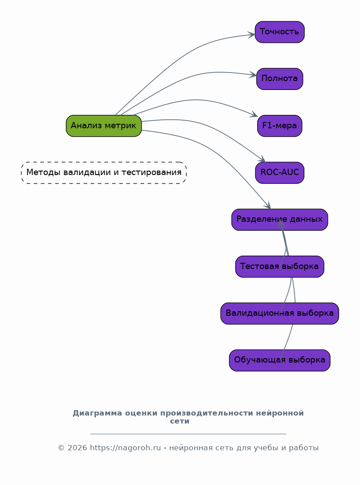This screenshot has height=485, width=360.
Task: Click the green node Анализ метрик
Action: tap(104, 126)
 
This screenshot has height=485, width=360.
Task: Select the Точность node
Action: tap(279, 32)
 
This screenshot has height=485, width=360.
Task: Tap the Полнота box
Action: tap(279, 79)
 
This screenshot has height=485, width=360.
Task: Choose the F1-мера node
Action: tap(279, 126)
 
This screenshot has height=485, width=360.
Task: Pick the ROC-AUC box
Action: tap(279, 172)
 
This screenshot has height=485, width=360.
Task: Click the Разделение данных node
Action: tap(279, 220)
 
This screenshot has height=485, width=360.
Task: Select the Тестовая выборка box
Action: tap(279, 266)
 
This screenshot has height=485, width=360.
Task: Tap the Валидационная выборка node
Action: tap(279, 313)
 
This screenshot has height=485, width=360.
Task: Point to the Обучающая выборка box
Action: tap(279, 360)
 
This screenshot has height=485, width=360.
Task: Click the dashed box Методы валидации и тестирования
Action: tap(104, 172)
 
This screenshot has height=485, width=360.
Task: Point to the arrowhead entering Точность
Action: tap(252, 35)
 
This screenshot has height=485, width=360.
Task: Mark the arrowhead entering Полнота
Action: tap(254, 75)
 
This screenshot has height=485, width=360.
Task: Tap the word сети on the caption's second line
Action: tap(180, 421)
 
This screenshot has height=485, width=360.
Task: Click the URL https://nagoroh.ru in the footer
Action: tap(125, 448)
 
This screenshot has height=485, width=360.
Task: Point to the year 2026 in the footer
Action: tap(77, 448)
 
